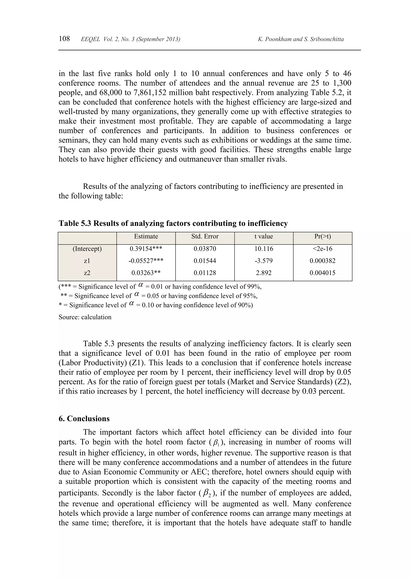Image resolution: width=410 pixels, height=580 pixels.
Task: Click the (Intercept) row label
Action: coord(87,249)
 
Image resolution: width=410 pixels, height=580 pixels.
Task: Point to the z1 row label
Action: coord(87,261)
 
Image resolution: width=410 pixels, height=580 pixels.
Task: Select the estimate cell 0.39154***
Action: coord(146,249)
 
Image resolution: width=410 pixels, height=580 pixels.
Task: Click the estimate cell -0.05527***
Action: coord(146,261)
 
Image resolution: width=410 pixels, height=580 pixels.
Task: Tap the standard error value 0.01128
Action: coord(205,273)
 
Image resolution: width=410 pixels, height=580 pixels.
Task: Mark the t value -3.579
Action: coord(264,261)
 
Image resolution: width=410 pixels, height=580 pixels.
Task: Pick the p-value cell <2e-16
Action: coord(322,249)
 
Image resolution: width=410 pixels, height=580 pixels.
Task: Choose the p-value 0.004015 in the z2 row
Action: coord(322,273)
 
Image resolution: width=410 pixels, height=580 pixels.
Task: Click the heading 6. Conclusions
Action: coord(84,419)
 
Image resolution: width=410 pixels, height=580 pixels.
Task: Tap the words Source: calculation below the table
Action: coord(85,317)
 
